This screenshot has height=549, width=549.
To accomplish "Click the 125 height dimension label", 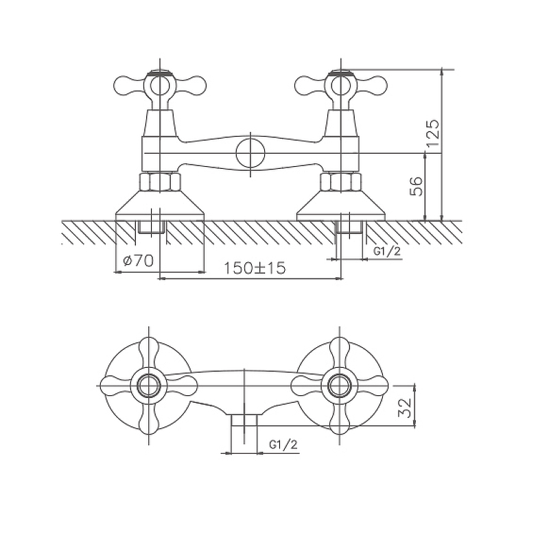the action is coord(433,133).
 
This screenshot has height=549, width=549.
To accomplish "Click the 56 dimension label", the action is coord(416,186).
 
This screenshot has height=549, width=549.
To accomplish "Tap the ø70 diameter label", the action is coord(139,261).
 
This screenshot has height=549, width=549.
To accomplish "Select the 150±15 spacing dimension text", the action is coord(255,268).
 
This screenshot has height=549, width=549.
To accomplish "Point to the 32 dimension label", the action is coord(404,408).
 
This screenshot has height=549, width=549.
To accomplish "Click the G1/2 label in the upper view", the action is coord(387,251).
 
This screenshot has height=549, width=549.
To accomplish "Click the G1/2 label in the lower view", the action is coord(283,445).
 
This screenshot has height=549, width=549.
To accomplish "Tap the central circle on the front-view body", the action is coord(250,153).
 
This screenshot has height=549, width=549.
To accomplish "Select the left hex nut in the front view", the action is coord(160,181).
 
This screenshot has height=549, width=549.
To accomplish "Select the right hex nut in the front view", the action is coord(340,181).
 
